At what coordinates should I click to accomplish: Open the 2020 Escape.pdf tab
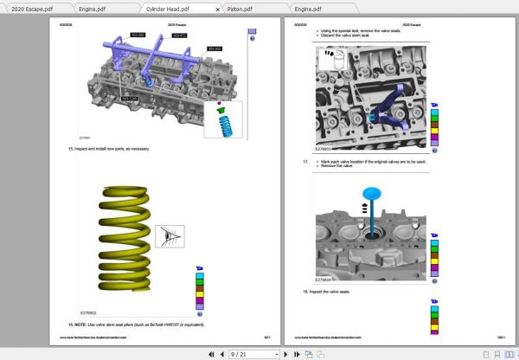[x=29, y=8]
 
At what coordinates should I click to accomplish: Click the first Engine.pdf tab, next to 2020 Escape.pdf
[x=93, y=8]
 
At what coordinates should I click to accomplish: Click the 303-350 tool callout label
[x=138, y=35]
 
